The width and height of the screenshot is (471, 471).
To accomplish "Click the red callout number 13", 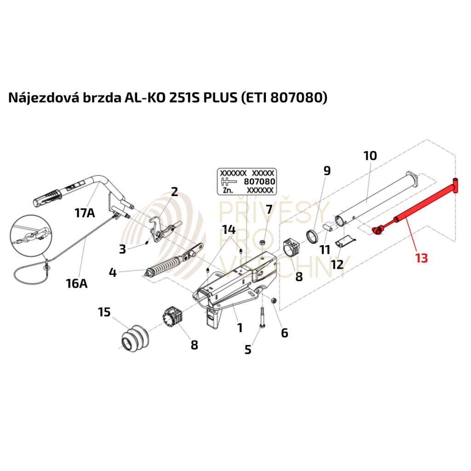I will (421, 258).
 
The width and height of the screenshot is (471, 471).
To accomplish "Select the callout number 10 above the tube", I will (370, 155).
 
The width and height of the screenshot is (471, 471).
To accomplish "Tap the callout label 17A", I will (85, 213).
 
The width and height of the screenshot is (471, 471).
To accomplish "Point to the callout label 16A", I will (77, 283).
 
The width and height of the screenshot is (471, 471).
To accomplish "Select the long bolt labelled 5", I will (261, 317).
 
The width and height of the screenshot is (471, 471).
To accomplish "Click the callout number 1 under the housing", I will (240, 327).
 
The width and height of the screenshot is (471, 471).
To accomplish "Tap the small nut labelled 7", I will (262, 242).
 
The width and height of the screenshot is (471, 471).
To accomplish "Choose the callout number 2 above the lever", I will (174, 191).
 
